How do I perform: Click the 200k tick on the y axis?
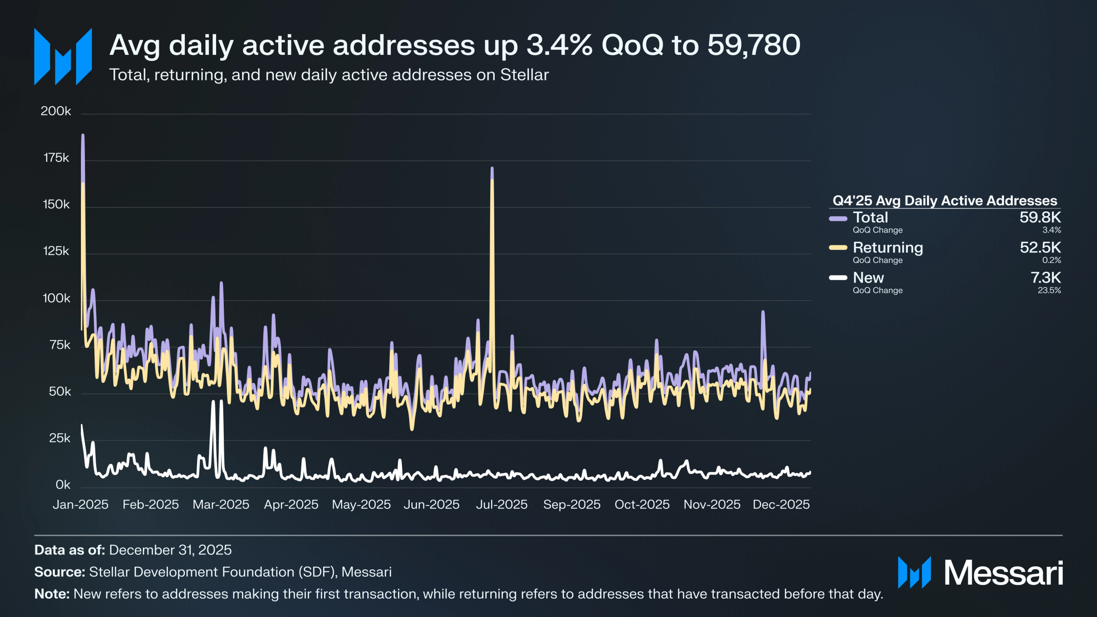[56, 111]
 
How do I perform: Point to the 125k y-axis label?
[56, 251]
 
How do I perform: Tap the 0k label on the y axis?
[63, 484]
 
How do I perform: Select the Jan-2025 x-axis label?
[80, 504]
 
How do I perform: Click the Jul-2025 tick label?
[501, 504]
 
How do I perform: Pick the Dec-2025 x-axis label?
[781, 504]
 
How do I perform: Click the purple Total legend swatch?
[838, 219]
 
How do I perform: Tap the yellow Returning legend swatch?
[838, 248]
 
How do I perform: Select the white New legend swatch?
[838, 278]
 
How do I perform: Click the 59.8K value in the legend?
[1040, 218]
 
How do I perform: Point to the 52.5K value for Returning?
[1040, 248]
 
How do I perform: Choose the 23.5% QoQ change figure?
[1049, 290]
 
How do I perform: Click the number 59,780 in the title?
[753, 45]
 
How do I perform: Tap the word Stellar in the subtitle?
[524, 75]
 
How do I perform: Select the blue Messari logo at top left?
[63, 56]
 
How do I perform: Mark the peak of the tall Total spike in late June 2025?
[492, 168]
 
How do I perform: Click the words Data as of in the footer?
[70, 550]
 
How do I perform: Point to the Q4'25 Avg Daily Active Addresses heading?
[944, 201]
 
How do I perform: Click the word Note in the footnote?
[52, 594]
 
